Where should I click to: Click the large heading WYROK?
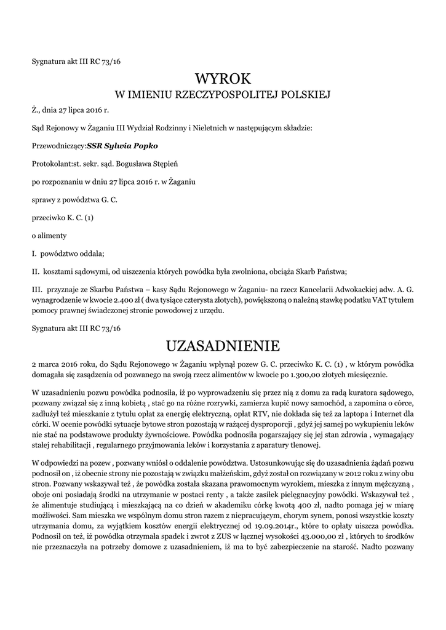(223, 78)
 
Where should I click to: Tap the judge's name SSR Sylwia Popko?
(122, 146)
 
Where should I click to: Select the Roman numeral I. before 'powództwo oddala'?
(34, 253)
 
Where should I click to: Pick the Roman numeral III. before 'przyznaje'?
(36, 289)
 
